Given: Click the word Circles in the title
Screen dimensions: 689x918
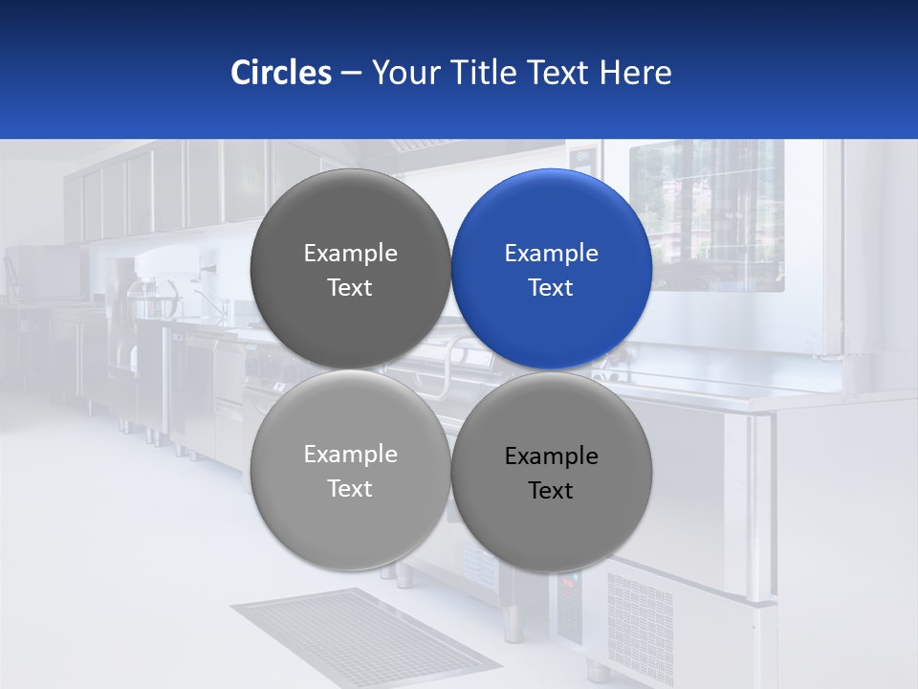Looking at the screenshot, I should (x=281, y=73).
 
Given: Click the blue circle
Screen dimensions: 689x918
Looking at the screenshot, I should (x=552, y=269).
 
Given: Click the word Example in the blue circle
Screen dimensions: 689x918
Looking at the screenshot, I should (x=551, y=253).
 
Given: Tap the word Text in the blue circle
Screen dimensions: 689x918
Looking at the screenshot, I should (x=551, y=287).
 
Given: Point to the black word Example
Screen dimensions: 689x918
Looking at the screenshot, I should (x=551, y=456).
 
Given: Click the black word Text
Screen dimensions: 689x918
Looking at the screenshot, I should (x=551, y=490).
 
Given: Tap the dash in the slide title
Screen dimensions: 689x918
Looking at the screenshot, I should (x=350, y=73).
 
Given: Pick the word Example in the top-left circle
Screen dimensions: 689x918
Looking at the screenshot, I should (x=350, y=253).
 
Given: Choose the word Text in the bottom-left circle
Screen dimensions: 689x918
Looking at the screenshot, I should (x=350, y=488).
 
